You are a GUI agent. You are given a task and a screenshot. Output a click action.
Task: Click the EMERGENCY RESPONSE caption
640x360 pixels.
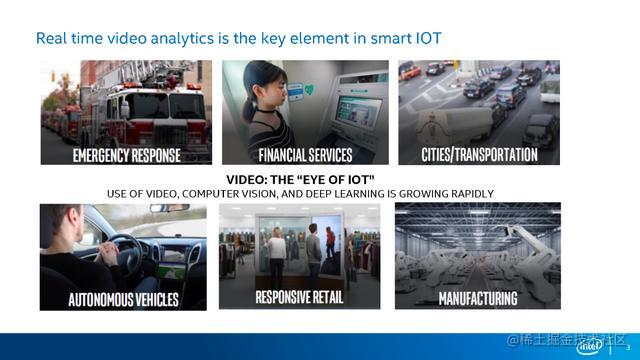[126, 155]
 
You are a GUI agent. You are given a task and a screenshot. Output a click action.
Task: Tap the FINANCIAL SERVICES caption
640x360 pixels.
[305, 155]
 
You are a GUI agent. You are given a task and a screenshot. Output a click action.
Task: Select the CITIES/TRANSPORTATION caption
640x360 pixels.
[480, 154]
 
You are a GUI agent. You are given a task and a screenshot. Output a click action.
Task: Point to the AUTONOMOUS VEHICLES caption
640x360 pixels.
[122, 299]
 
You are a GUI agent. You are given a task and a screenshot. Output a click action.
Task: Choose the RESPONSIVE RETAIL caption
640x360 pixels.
[302, 297]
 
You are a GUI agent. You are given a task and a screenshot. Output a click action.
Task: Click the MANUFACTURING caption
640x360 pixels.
[478, 298]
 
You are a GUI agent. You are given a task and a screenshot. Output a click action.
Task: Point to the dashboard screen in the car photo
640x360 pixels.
[173, 255]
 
